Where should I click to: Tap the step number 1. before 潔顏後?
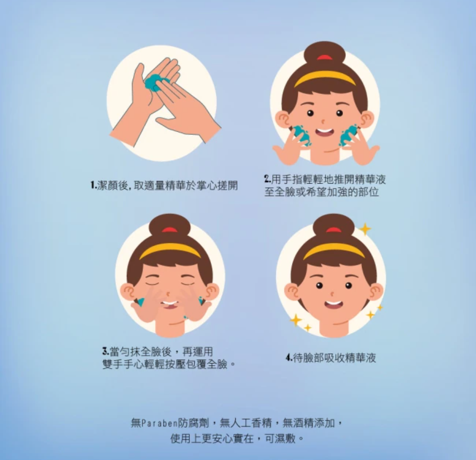(x=93, y=185)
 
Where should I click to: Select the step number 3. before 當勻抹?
(x=106, y=352)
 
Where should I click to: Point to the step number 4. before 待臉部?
(x=289, y=357)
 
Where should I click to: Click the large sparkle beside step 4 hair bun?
(x=364, y=229)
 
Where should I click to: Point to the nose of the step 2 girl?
(x=323, y=121)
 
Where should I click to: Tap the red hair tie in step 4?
(x=333, y=230)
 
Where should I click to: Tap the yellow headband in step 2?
(x=325, y=78)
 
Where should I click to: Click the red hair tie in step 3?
(x=170, y=230)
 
